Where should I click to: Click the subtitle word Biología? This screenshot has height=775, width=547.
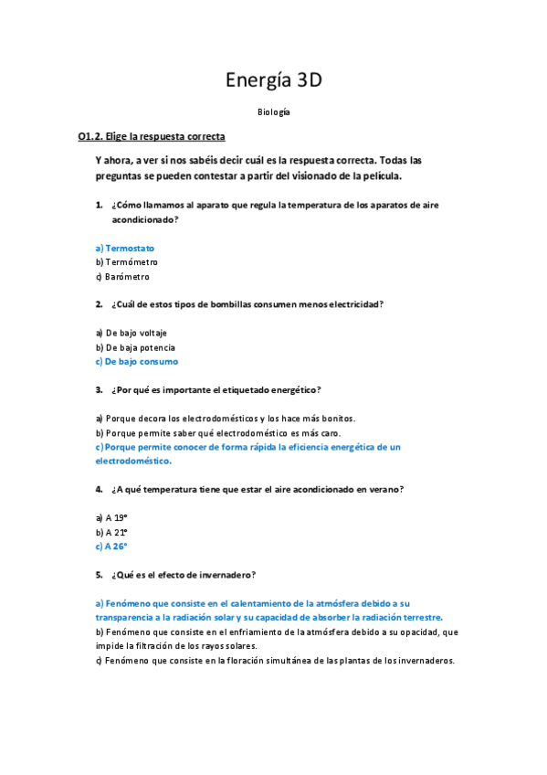point(274,111)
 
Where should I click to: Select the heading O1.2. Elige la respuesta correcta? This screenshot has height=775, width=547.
point(152,137)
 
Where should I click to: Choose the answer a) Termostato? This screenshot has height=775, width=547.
point(125,248)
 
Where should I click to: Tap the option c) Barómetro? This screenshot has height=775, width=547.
point(122,277)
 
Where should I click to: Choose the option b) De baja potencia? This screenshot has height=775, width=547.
point(135,347)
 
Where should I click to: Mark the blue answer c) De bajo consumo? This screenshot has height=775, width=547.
point(137,362)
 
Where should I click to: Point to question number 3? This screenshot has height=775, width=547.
point(99,389)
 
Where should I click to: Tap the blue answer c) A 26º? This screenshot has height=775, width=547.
point(111,547)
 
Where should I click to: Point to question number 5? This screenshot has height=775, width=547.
point(99,575)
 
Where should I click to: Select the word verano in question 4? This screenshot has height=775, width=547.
point(384,489)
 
